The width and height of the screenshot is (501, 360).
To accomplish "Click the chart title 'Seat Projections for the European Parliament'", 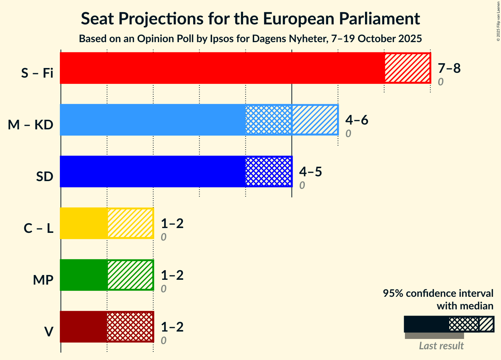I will pos(250,18).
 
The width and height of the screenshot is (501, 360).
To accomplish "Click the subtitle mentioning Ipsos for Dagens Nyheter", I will pos(250,38).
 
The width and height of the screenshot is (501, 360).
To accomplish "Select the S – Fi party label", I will pos(37,73).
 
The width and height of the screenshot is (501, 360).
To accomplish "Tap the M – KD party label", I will pos(31,125).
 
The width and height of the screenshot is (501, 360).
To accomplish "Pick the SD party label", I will pos(45,177).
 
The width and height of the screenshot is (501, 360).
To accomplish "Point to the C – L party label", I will pos(38,228).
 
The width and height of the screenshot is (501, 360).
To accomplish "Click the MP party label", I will pos(43,280).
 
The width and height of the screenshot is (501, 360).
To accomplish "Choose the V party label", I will pos(49,332).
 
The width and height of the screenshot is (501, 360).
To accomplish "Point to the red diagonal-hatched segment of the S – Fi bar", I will pos(407,68).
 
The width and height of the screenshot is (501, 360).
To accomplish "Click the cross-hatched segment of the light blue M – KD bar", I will pos(269,120).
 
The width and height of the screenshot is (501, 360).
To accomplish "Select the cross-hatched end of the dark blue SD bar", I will pos(269,171).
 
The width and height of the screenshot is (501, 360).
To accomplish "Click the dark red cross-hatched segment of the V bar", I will pos(130,327).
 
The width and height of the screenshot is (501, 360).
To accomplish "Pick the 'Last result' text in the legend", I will pos(441,346).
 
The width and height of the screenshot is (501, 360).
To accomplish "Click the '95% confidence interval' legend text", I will pos(438,293).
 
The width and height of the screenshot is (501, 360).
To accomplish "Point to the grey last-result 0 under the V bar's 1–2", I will pos(163,340).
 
